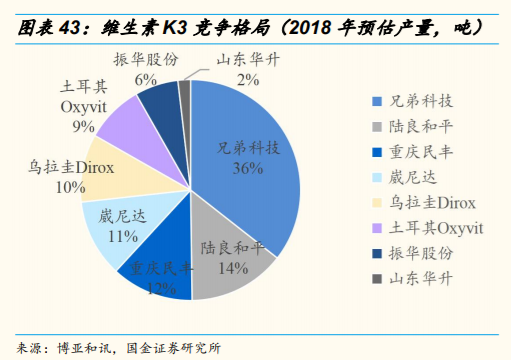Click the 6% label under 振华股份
click(145, 78)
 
